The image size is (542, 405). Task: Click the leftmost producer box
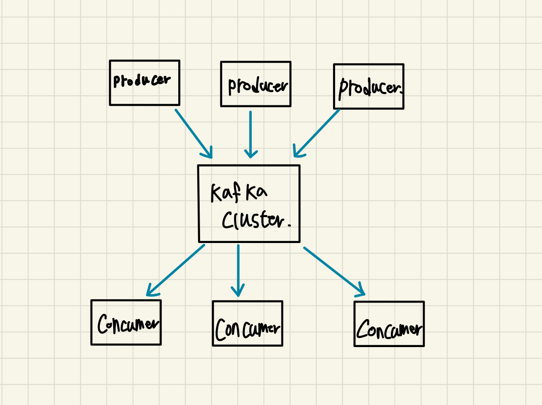click(144, 83)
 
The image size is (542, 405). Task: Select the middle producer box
click(255, 84)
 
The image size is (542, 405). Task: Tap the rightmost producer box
click(368, 87)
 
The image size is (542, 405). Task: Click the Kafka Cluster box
click(249, 204)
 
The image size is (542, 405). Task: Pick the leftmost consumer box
click(126, 322)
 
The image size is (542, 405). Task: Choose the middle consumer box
click(247, 324)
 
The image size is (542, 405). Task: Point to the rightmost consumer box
click(389, 324)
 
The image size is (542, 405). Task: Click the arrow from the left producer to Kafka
click(193, 132)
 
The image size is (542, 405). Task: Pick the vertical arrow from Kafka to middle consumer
click(238, 269)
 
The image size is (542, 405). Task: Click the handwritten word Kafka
click(239, 192)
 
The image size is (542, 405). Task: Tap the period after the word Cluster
click(289, 225)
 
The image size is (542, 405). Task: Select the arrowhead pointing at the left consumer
click(151, 291)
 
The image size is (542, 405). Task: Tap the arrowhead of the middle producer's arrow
click(251, 154)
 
